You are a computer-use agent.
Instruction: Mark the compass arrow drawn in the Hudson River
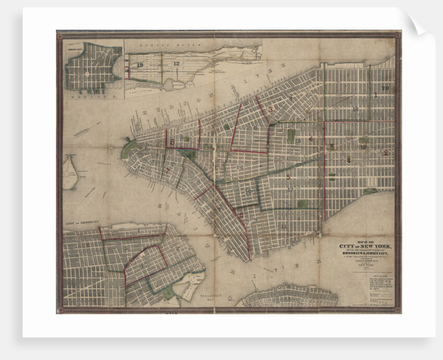point(86,129)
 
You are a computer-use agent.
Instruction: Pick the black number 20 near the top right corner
point(385,88)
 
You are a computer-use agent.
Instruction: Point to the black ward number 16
point(355,109)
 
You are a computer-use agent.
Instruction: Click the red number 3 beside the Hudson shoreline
point(270,109)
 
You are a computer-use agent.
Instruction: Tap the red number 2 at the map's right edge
point(386,153)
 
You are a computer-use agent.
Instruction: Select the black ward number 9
point(290,98)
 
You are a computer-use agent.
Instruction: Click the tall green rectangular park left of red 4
point(291,136)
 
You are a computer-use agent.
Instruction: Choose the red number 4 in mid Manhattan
point(311,139)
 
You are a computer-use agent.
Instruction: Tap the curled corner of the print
point(423,23)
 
